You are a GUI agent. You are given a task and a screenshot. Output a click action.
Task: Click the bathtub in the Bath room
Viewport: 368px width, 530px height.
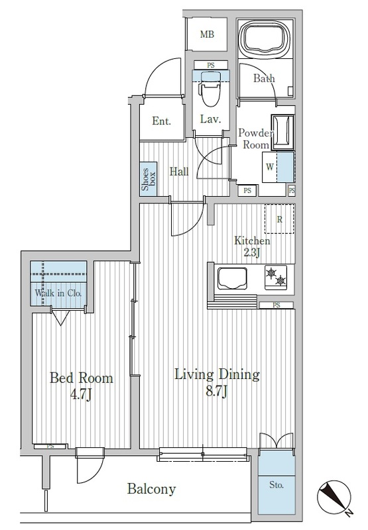click(x=266, y=38)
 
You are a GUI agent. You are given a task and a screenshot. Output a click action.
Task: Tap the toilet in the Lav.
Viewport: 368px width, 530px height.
click(x=211, y=89)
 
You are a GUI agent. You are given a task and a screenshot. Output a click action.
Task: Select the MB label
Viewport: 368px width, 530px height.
click(x=207, y=34)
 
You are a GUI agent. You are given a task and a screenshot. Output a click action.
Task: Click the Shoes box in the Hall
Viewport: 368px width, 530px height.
click(x=149, y=178)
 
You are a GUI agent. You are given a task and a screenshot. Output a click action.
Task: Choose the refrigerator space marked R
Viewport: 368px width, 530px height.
click(x=279, y=219)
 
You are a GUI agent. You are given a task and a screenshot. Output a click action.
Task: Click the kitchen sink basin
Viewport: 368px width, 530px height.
click(x=232, y=278)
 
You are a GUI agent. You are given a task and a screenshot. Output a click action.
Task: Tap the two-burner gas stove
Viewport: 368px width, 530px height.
click(x=276, y=277)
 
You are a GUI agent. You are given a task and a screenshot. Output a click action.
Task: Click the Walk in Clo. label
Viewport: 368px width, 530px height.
click(x=58, y=293)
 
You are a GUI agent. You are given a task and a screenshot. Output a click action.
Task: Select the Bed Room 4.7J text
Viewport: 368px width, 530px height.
click(x=81, y=386)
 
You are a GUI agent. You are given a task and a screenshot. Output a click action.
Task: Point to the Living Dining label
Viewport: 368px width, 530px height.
click(x=217, y=374)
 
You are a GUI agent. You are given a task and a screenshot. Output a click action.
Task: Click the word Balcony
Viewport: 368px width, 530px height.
click(x=152, y=489)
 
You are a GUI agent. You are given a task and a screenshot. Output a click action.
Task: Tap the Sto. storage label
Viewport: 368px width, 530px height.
click(x=276, y=485)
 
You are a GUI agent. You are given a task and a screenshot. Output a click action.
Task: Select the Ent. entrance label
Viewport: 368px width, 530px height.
click(x=161, y=121)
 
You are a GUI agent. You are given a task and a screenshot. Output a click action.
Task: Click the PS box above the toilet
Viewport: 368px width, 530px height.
click(x=211, y=65)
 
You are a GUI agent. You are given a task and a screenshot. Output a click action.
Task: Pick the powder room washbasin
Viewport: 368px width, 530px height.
click(x=282, y=132)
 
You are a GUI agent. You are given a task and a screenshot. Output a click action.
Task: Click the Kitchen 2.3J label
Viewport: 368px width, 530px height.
click(x=252, y=246)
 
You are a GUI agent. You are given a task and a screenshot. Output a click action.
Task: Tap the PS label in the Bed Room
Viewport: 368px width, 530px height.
click(x=50, y=446)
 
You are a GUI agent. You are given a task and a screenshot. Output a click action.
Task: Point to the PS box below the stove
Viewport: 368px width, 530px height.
click(x=276, y=305)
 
